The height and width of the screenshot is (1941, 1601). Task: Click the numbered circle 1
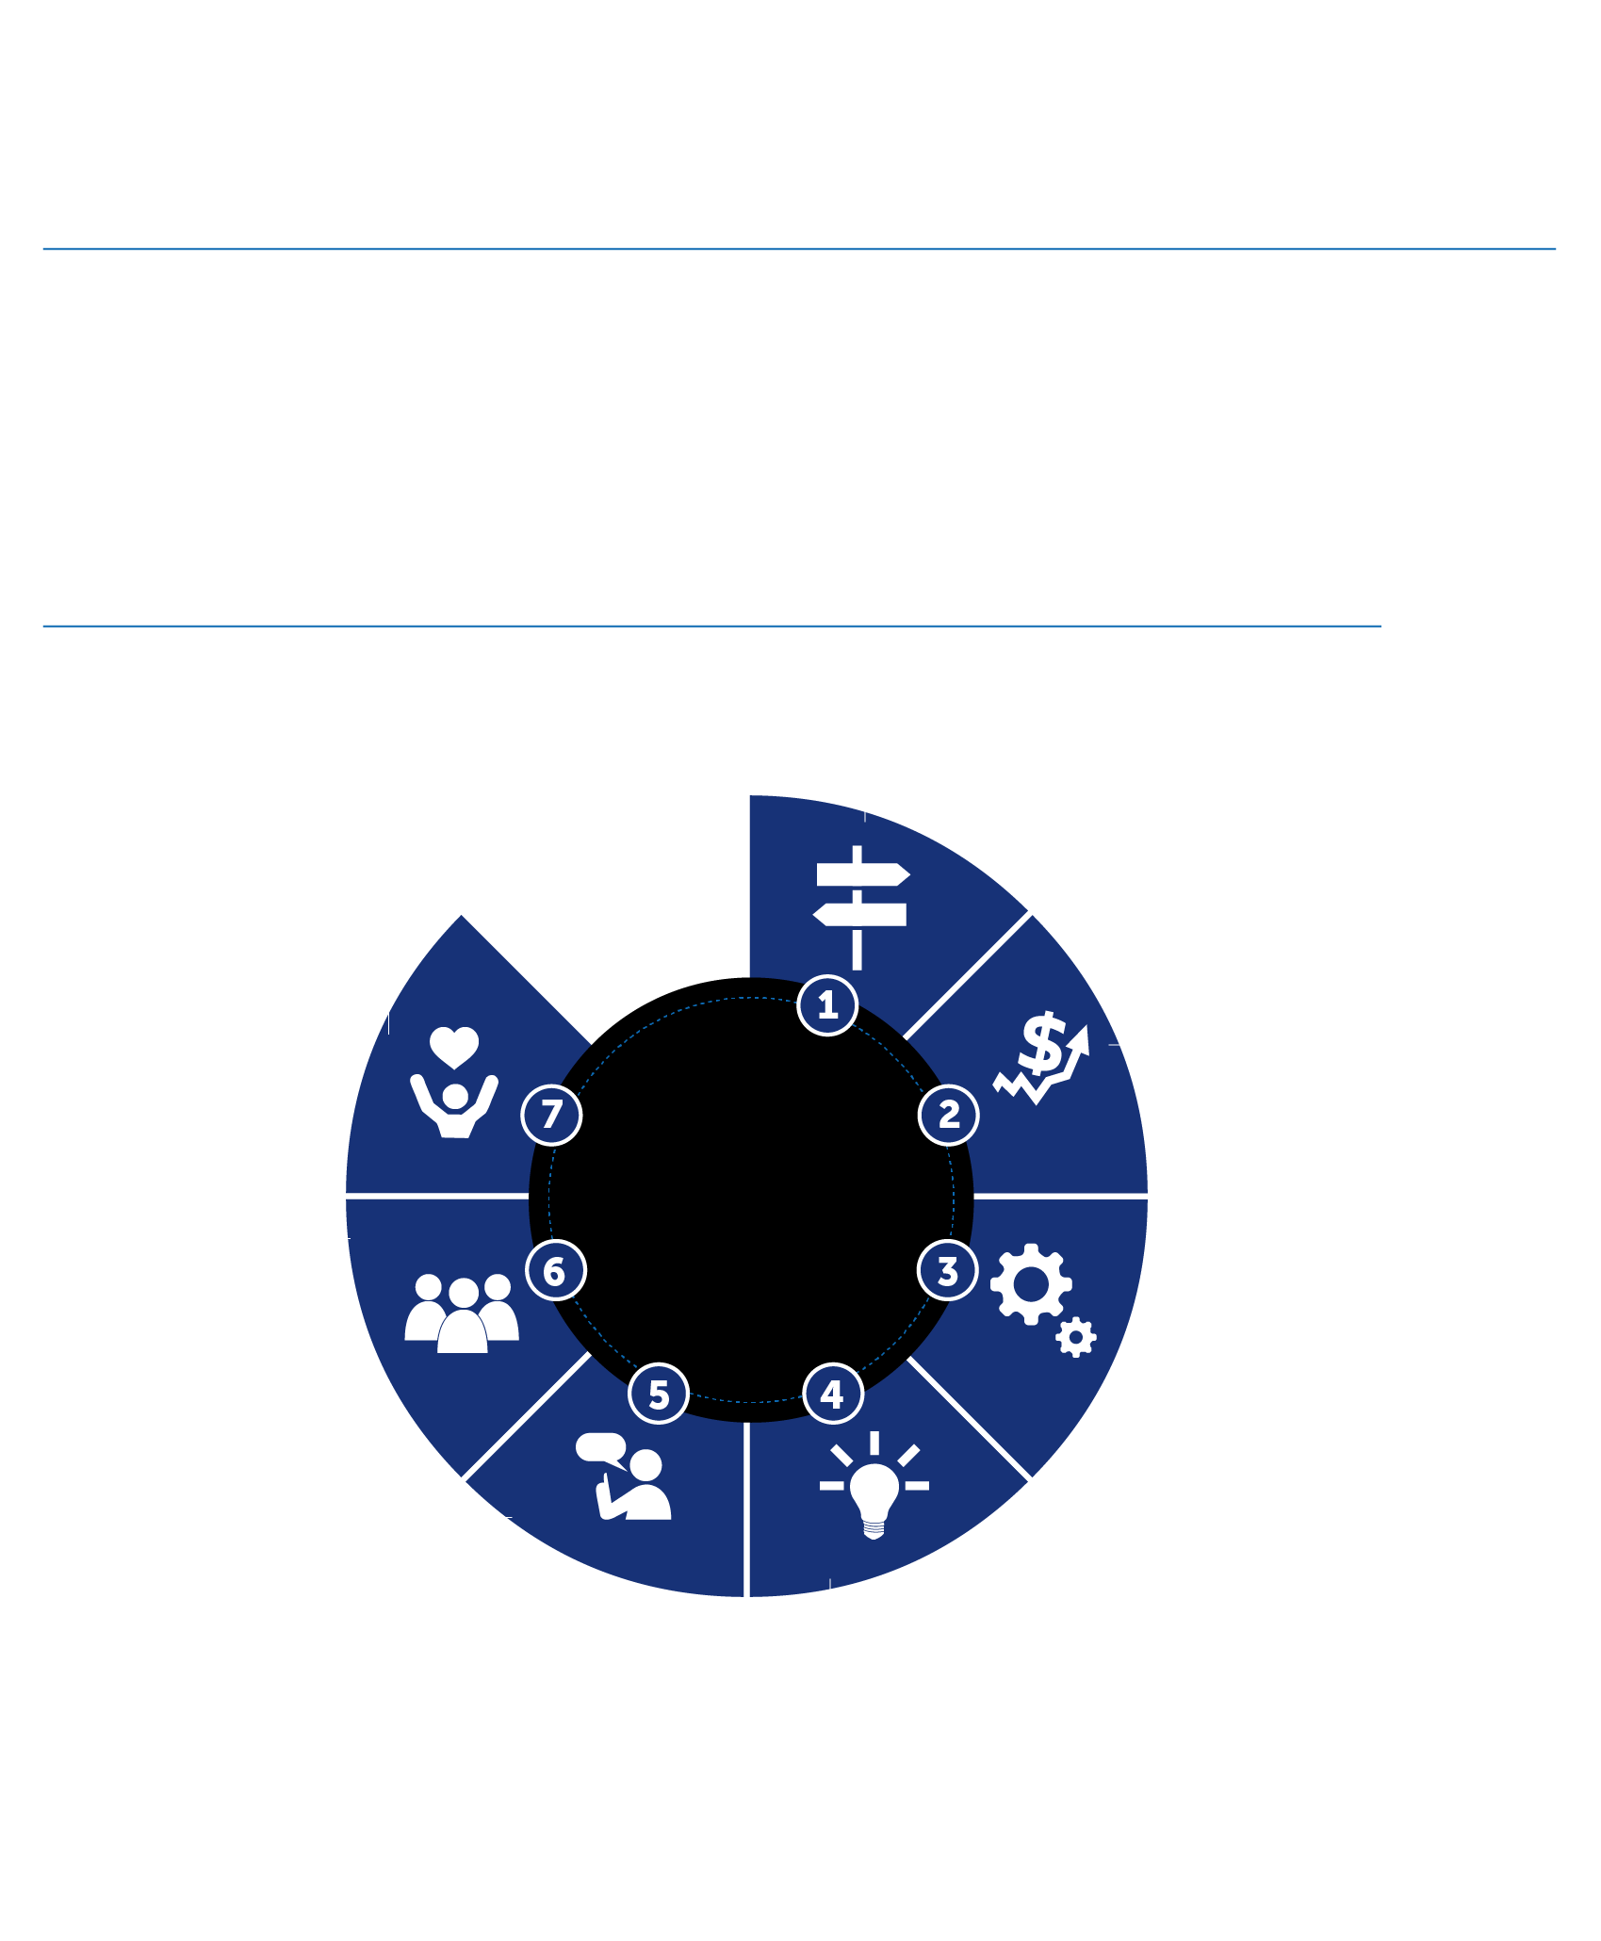pos(827,1005)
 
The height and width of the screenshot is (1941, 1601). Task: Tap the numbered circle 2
pos(948,1115)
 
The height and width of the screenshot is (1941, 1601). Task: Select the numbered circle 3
pos(948,1270)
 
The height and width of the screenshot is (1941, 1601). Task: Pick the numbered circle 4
pos(833,1394)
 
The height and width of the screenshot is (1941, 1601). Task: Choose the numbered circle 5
pos(659,1394)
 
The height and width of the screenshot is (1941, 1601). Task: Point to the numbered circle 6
pos(555,1270)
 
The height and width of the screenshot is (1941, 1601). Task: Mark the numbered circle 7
pos(551,1115)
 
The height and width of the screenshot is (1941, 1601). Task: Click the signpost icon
pos(860,907)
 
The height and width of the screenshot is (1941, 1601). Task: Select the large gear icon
pos(1031,1284)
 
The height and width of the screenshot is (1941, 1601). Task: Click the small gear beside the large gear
pos(1076,1337)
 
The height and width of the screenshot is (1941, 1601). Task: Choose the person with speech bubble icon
pos(623,1476)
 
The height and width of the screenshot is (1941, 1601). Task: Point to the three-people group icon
pos(462,1313)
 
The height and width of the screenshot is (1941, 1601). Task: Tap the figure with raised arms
pos(454,1106)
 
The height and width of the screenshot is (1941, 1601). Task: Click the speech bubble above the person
pos(601,1450)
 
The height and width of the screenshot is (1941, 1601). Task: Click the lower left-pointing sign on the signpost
pos(859,914)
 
